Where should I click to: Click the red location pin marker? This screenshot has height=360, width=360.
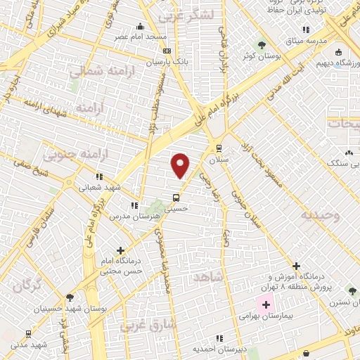[x=181, y=165]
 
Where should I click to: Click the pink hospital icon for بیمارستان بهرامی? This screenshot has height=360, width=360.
[x=265, y=305]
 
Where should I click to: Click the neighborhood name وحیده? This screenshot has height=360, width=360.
[x=320, y=214]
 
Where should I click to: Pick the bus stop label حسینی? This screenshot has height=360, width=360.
[x=176, y=208]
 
